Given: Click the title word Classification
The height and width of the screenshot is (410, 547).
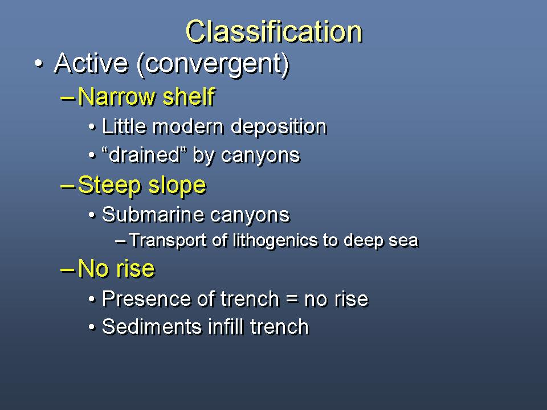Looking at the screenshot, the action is (x=274, y=31).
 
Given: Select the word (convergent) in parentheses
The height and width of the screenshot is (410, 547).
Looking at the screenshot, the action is (x=214, y=65).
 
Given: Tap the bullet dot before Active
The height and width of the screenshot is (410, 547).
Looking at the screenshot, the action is (x=39, y=64).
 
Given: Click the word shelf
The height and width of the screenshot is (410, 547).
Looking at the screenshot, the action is (x=189, y=96).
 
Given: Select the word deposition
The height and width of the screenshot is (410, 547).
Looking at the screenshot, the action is (x=279, y=127).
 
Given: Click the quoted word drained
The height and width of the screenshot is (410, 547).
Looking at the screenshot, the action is (x=144, y=154).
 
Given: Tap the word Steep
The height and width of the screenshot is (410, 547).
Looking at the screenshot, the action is (x=109, y=186).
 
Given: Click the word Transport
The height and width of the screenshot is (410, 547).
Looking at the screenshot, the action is (x=168, y=240).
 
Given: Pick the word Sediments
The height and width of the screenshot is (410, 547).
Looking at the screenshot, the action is (x=152, y=327).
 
